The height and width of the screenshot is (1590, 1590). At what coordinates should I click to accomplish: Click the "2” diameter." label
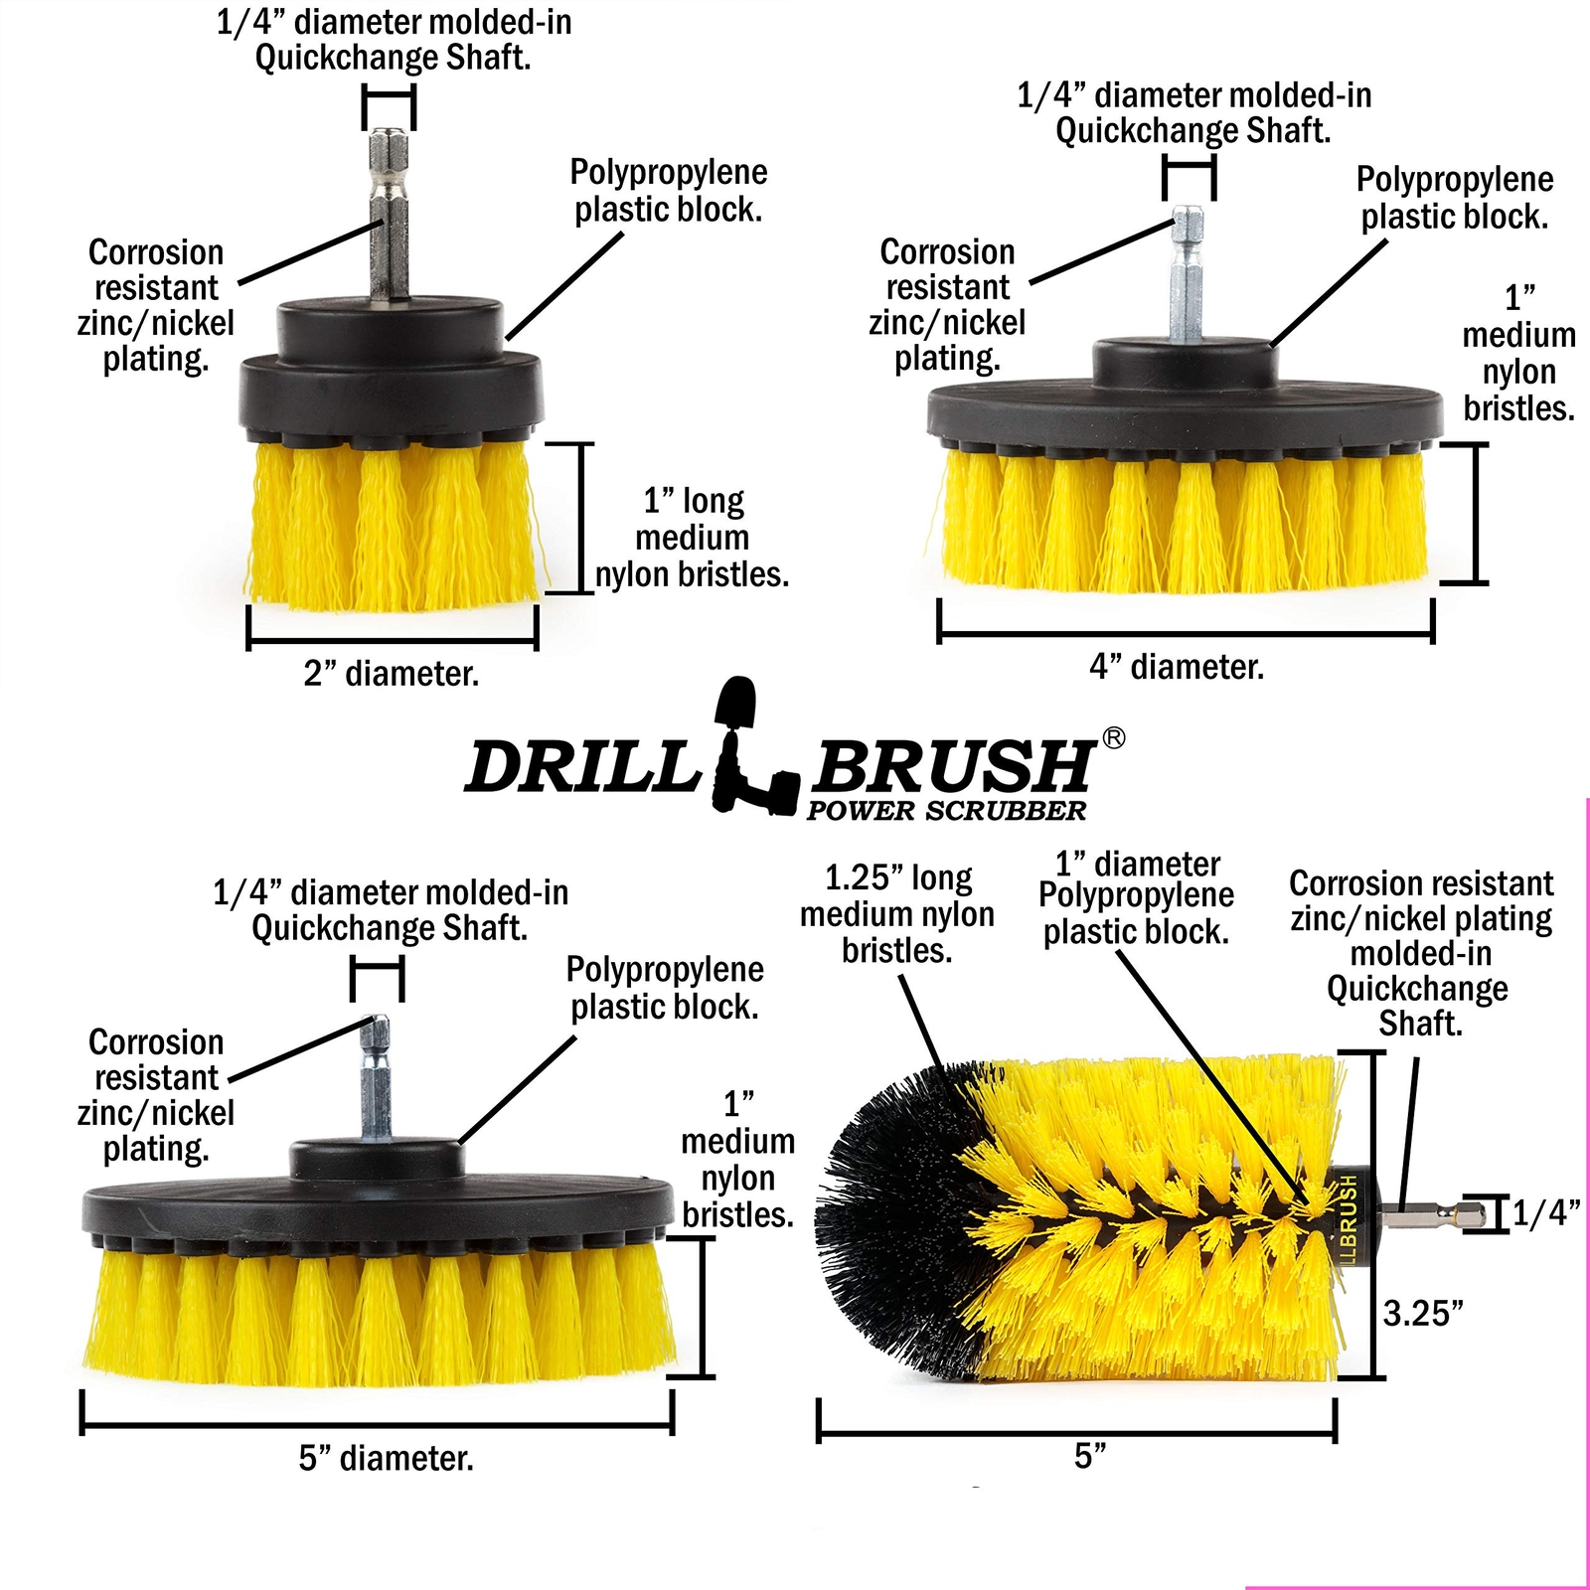(x=392, y=674)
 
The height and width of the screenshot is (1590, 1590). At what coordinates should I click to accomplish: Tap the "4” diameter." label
(x=1177, y=667)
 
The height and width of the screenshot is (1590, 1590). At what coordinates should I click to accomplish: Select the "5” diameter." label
(x=386, y=1459)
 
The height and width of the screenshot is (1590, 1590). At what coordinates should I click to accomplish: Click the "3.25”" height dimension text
(x=1423, y=1314)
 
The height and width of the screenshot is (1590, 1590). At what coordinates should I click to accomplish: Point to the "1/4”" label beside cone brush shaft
(x=1546, y=1212)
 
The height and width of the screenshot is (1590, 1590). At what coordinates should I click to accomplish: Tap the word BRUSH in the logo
(x=952, y=768)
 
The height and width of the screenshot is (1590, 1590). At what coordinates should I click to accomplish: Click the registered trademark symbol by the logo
(x=1114, y=737)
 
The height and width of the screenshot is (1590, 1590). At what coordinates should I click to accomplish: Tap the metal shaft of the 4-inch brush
(x=1189, y=273)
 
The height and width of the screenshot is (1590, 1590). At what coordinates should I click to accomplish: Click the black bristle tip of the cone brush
(x=884, y=1222)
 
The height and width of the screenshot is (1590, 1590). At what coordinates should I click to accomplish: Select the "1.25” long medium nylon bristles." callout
(x=896, y=914)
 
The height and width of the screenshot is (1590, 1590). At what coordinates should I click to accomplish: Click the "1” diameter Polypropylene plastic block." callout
(x=1136, y=898)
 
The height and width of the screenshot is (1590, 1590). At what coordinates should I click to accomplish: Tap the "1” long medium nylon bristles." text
(x=692, y=538)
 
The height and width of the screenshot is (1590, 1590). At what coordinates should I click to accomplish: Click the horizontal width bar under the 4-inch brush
(x=1185, y=633)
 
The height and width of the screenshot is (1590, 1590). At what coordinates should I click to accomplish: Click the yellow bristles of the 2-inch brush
(x=393, y=527)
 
